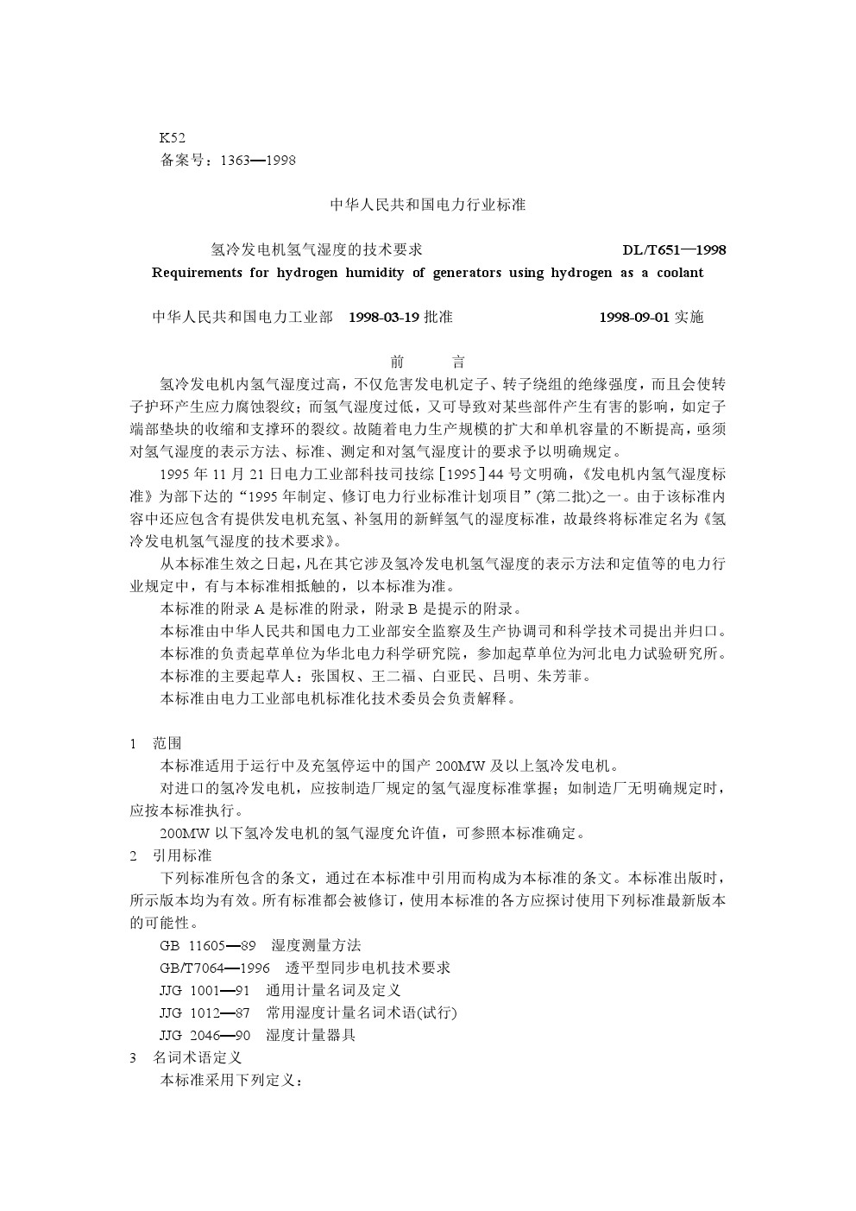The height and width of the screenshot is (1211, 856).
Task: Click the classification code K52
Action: coord(172,137)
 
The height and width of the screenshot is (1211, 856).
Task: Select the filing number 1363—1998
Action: coord(258,161)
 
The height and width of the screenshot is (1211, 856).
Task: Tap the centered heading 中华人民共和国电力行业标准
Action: coord(428,205)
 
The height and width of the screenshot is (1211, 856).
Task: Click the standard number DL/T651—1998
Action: coord(674,250)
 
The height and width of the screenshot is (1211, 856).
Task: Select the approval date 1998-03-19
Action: coord(384,317)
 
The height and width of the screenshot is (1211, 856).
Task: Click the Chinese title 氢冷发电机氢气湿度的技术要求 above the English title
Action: coord(317,250)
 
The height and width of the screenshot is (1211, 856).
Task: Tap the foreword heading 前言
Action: coord(428,363)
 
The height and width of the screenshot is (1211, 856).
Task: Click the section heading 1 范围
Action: coord(155,743)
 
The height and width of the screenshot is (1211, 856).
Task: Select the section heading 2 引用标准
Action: coord(170,855)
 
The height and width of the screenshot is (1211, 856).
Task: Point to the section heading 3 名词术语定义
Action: coord(185,1057)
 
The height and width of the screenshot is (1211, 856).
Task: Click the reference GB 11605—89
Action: coord(207,945)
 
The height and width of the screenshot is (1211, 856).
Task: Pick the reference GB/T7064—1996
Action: coord(215,968)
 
